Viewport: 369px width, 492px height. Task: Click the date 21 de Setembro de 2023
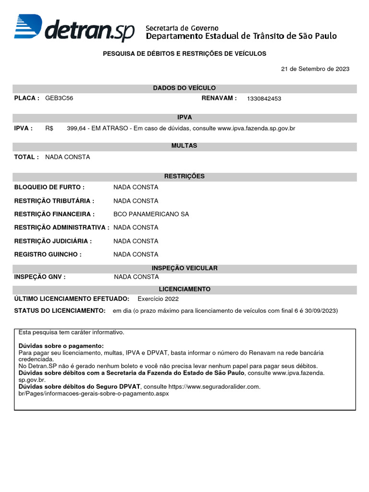point(315,69)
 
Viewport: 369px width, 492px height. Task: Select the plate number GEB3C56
point(59,98)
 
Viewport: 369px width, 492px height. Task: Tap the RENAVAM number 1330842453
point(264,98)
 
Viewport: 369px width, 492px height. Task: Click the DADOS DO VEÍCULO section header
point(184,88)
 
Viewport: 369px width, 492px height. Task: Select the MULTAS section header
point(184,146)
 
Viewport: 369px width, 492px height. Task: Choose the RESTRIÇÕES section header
point(184,176)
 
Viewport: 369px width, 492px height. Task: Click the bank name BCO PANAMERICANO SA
point(151,214)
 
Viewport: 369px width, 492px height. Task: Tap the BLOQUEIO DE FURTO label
point(49,187)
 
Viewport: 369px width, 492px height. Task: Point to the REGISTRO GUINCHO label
point(48,255)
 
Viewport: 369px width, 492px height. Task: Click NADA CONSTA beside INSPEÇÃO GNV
point(136,277)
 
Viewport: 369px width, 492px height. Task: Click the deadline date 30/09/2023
point(321,311)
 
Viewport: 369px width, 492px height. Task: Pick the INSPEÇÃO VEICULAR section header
point(184,268)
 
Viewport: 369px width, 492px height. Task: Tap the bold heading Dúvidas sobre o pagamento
point(61,346)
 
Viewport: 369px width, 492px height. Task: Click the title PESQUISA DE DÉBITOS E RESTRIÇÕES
point(184,54)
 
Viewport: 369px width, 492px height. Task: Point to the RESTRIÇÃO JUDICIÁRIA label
point(53,241)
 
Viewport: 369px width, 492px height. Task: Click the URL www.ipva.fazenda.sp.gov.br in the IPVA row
point(256,129)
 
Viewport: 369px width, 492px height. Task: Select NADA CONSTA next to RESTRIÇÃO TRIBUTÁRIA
point(135,201)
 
